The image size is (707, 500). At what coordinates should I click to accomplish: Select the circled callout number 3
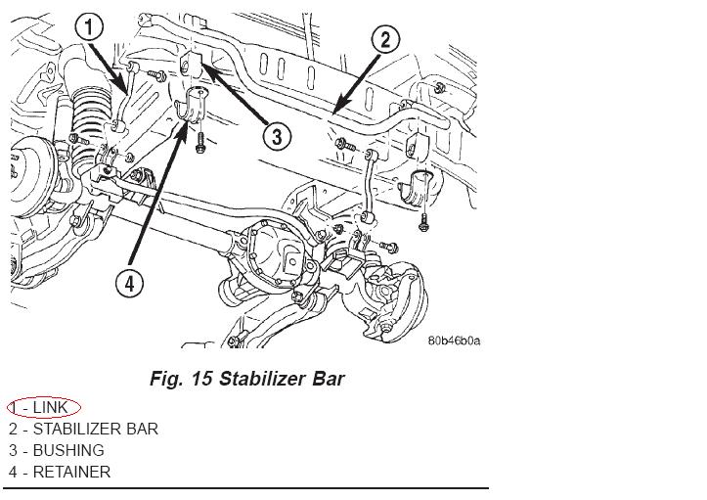(278, 135)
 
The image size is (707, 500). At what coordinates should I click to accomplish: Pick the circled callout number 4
(129, 284)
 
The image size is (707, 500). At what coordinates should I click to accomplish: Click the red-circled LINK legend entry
(44, 407)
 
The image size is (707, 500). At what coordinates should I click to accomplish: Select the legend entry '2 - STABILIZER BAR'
(83, 429)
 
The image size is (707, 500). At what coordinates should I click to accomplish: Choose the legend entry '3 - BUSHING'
(56, 450)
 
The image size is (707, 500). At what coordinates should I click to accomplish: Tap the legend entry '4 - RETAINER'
(60, 472)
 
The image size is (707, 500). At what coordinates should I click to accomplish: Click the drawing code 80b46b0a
(454, 341)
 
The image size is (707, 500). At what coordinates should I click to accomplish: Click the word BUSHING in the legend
(68, 450)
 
